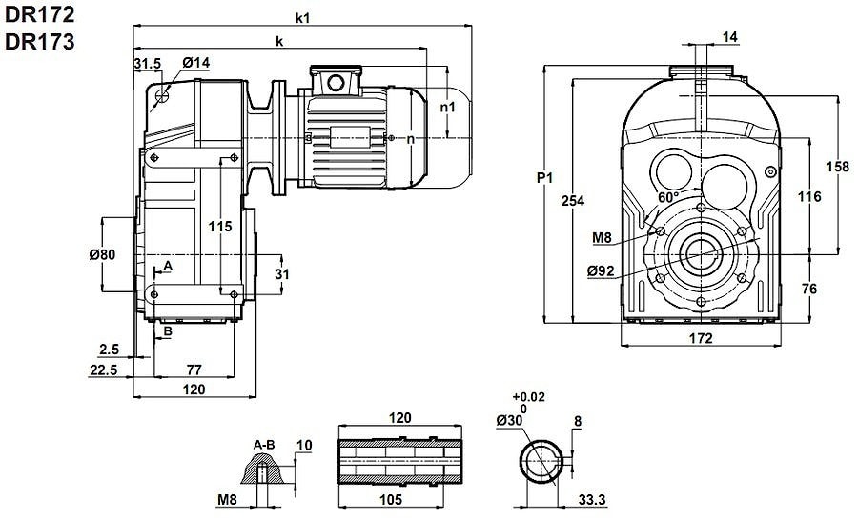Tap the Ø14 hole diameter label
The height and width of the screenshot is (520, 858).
[x=194, y=63]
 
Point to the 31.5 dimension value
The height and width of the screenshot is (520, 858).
[x=148, y=63]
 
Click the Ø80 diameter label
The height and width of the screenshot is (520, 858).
[x=114, y=255]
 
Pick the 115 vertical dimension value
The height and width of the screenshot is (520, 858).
[x=220, y=228]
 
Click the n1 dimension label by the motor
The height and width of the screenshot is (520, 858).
[x=448, y=108]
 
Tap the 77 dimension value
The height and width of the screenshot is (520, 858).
[x=194, y=370]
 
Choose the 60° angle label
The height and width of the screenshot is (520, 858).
[x=668, y=197]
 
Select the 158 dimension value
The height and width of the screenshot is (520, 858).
[x=836, y=167]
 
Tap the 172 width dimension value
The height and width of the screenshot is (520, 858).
[x=701, y=338]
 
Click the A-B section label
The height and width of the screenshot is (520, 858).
[x=264, y=445]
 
